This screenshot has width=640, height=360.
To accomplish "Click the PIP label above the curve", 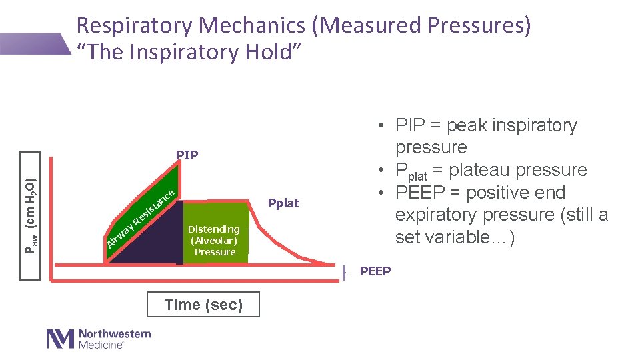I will [x=187, y=155].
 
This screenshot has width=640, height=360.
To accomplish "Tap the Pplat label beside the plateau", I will [x=283, y=203].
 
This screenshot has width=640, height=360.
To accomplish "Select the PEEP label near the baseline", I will [x=375, y=271].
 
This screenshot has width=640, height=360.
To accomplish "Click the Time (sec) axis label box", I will [x=203, y=305].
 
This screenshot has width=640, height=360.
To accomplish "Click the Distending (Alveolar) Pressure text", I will [x=215, y=241].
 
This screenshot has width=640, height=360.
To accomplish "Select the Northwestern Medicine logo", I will [x=99, y=339].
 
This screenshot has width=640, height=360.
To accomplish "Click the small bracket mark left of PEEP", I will [x=345, y=272].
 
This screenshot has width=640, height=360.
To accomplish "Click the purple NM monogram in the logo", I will [x=60, y=339].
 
